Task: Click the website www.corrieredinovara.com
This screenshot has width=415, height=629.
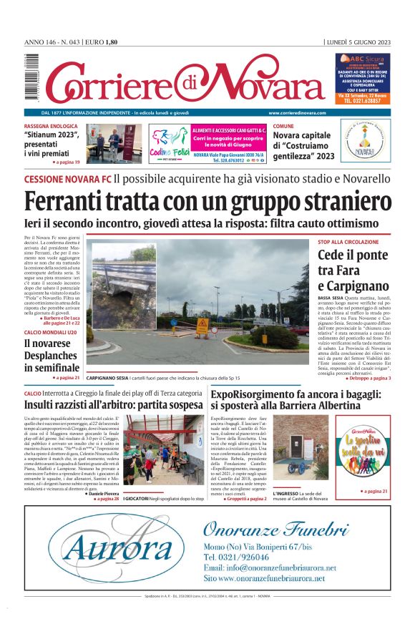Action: point(298,113)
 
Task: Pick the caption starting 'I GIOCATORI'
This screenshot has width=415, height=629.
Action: point(164,498)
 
